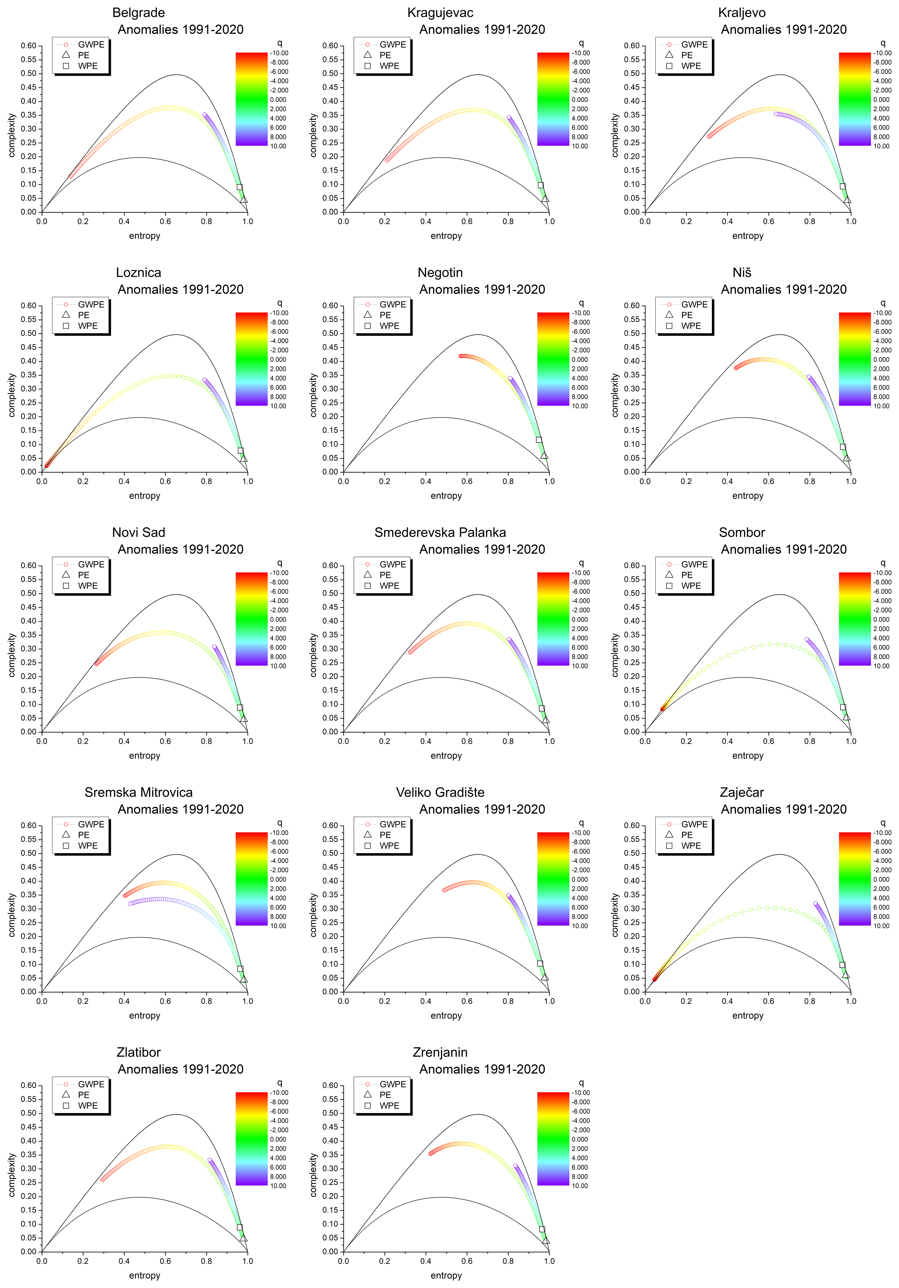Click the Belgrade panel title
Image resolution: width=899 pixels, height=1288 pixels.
[139, 13]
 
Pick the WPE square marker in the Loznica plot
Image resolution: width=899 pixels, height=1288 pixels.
[241, 450]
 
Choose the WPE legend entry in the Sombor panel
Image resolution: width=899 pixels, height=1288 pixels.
[691, 586]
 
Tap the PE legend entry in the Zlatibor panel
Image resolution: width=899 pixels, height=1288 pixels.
[84, 1094]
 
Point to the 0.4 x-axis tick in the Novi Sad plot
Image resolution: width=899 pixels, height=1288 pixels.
[124, 741]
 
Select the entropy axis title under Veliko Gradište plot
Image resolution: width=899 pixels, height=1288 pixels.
[446, 1015]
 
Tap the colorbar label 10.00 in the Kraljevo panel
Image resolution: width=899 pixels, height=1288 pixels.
[882, 146]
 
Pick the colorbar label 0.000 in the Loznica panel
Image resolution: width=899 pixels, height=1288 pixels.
[278, 360]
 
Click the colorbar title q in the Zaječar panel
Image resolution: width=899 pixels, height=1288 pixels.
[883, 823]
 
